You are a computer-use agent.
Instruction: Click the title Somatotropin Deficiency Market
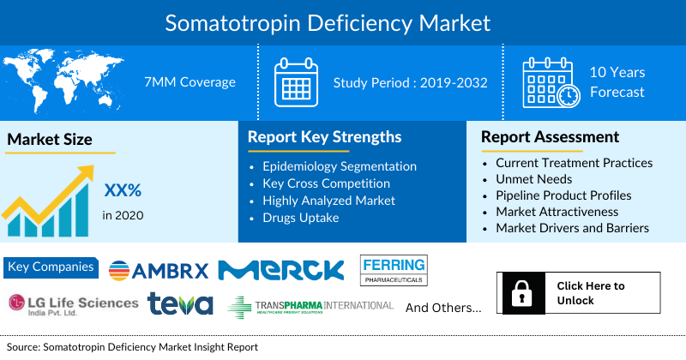coord(343,21)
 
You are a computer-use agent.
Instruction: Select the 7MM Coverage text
coord(190,82)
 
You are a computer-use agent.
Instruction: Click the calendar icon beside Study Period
coord(296,82)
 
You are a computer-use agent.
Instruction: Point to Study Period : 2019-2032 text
coord(411,82)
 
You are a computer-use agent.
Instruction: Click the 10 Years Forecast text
coord(617,82)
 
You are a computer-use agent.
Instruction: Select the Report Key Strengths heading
coord(324,137)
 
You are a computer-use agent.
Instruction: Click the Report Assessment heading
coord(550,137)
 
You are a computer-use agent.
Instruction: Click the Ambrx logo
coord(159,271)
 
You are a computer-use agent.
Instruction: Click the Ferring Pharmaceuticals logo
coord(394,270)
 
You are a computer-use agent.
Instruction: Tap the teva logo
coord(179,304)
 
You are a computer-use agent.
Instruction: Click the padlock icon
coord(520,294)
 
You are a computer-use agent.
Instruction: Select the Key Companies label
coord(51,267)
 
